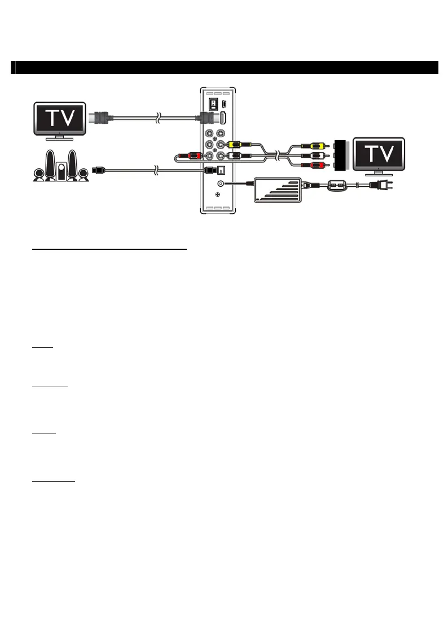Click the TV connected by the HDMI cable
coord(60,119)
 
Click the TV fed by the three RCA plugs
coord(379,154)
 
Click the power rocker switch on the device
coord(213,105)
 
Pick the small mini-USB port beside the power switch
coord(225,104)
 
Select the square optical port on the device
coord(222,170)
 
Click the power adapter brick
coord(276,189)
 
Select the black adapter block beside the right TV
coord(340,155)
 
